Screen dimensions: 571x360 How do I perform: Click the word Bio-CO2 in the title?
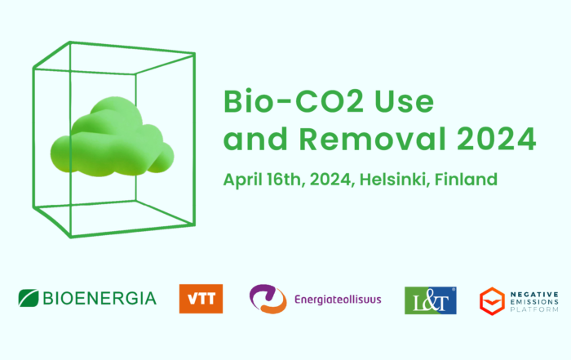pos(294,101)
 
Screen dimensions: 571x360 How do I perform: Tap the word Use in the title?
pos(405,101)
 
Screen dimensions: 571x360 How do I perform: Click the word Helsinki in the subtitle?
pos(392,180)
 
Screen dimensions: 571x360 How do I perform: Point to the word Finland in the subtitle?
pos(466,180)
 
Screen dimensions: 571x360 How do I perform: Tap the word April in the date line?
pos(241,180)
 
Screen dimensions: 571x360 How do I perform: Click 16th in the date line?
pos(285,180)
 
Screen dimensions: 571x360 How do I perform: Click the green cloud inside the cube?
pos(113,136)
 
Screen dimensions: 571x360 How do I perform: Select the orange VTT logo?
pos(201,299)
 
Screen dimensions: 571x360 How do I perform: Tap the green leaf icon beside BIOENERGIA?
pos(29,298)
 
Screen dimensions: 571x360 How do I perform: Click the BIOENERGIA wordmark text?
pos(100,299)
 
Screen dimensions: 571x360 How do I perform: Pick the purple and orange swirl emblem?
pos(268,299)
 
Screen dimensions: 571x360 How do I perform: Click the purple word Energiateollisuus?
pos(338,300)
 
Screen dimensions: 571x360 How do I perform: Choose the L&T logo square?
pos(431,300)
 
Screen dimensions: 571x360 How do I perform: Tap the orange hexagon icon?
pos(492,301)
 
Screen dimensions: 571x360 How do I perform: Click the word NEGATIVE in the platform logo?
pos(534,295)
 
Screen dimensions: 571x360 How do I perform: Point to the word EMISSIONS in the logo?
pos(534,302)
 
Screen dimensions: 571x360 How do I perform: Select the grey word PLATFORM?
pos(534,309)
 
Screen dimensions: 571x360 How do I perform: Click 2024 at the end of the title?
pos(496,139)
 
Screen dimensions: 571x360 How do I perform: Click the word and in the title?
pos(255,139)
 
